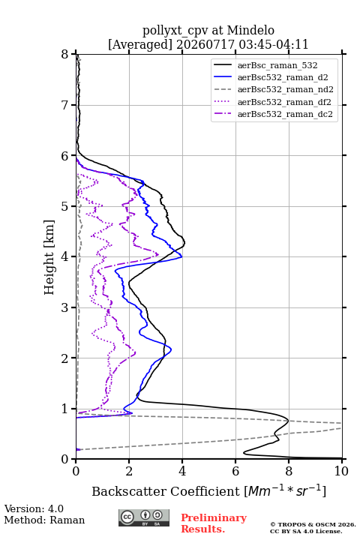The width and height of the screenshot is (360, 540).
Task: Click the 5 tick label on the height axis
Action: [x=65, y=206]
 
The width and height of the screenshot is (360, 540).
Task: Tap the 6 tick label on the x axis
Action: [x=235, y=471]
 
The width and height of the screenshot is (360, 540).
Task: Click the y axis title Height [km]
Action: [x=49, y=257]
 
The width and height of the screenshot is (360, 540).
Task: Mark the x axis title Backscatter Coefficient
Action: [x=165, y=491]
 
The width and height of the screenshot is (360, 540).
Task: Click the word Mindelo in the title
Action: [x=250, y=30]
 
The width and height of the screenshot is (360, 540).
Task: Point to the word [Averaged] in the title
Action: [x=139, y=44]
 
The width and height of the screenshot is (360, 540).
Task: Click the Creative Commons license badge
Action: [x=144, y=517]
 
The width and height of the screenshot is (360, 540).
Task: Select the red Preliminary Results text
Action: [x=214, y=523]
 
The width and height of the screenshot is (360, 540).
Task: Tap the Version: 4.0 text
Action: [x=34, y=508]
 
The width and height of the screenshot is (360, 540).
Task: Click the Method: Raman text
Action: [x=44, y=520]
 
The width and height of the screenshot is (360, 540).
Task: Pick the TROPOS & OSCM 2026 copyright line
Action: [x=313, y=524]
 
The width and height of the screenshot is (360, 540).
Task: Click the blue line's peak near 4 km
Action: [x=182, y=257]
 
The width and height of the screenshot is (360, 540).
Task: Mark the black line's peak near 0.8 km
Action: [x=288, y=421]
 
